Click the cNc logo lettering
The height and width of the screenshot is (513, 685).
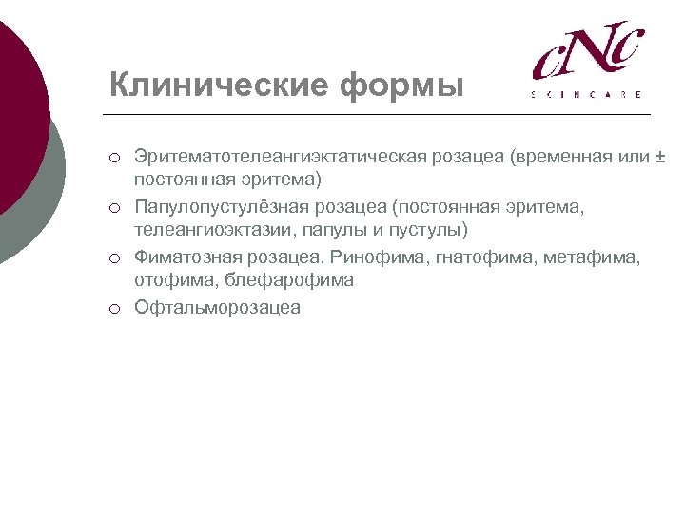pyautogui.click(x=587, y=52)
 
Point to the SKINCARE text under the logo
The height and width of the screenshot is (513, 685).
pyautogui.click(x=586, y=94)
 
